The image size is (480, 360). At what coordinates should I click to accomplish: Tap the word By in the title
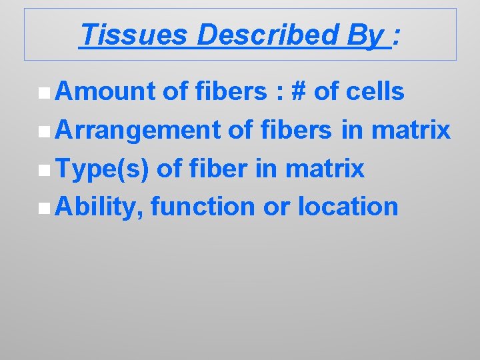pyautogui.click(x=366, y=35)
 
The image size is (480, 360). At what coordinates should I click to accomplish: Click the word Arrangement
pyautogui.click(x=138, y=131)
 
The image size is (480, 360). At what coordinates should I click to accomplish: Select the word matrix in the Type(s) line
pyautogui.click(x=325, y=169)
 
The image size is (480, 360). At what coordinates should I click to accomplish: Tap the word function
pyautogui.click(x=203, y=207)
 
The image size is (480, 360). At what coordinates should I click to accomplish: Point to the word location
pyautogui.click(x=348, y=207)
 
